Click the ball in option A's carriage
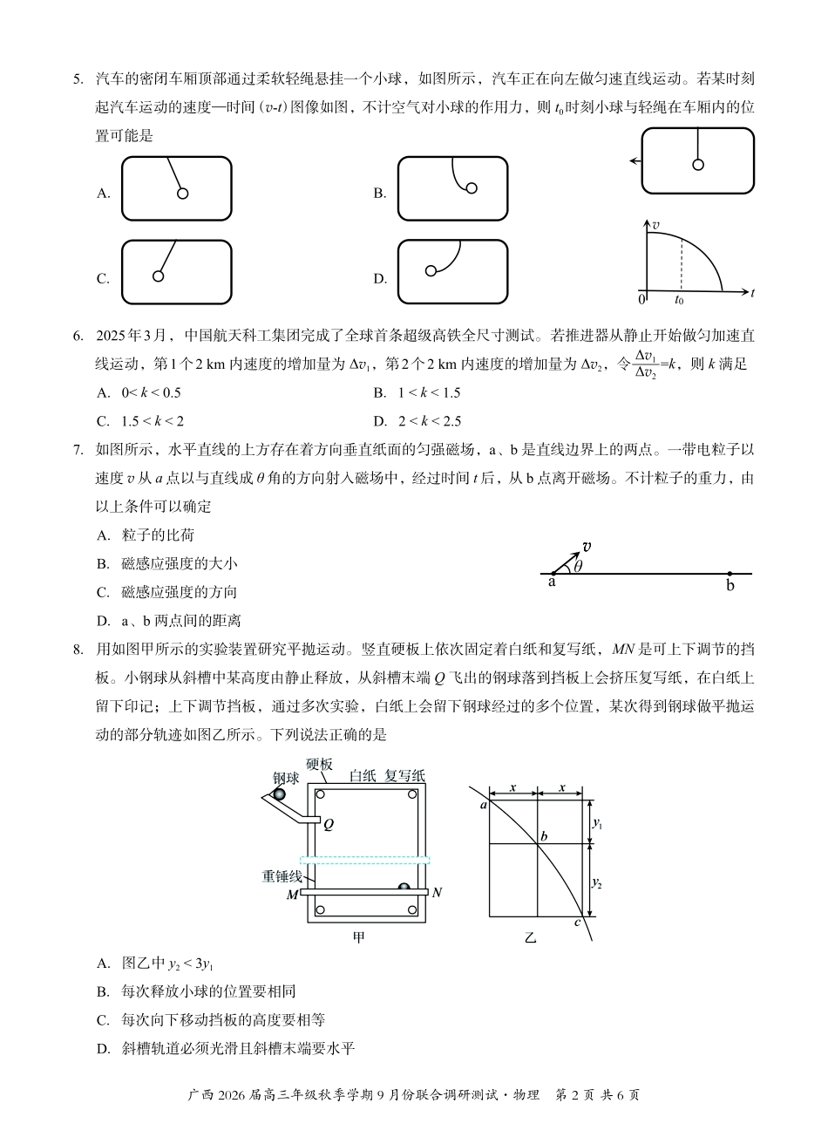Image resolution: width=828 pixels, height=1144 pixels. (x=183, y=194)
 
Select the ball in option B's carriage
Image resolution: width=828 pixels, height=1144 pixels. (x=472, y=187)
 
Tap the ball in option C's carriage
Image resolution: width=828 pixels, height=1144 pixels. (x=158, y=276)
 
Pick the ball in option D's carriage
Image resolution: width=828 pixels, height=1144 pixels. (x=431, y=270)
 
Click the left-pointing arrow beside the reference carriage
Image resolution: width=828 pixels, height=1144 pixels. (x=635, y=161)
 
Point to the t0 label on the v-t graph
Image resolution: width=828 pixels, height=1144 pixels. (x=679, y=299)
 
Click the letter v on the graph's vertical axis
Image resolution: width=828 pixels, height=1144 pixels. (x=655, y=225)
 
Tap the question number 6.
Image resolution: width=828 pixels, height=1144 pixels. (x=78, y=336)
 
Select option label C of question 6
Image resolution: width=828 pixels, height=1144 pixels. (x=102, y=421)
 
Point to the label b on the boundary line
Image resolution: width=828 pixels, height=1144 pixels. (x=730, y=586)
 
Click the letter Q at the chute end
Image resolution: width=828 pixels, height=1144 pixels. (x=329, y=824)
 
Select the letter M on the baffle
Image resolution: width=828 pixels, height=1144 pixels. (x=292, y=894)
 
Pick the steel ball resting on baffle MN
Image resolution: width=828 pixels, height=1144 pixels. (x=404, y=888)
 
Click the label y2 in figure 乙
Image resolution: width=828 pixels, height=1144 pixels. (x=597, y=882)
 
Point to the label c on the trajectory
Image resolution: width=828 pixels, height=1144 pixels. (x=577, y=923)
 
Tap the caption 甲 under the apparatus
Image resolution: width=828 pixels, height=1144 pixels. (x=358, y=938)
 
